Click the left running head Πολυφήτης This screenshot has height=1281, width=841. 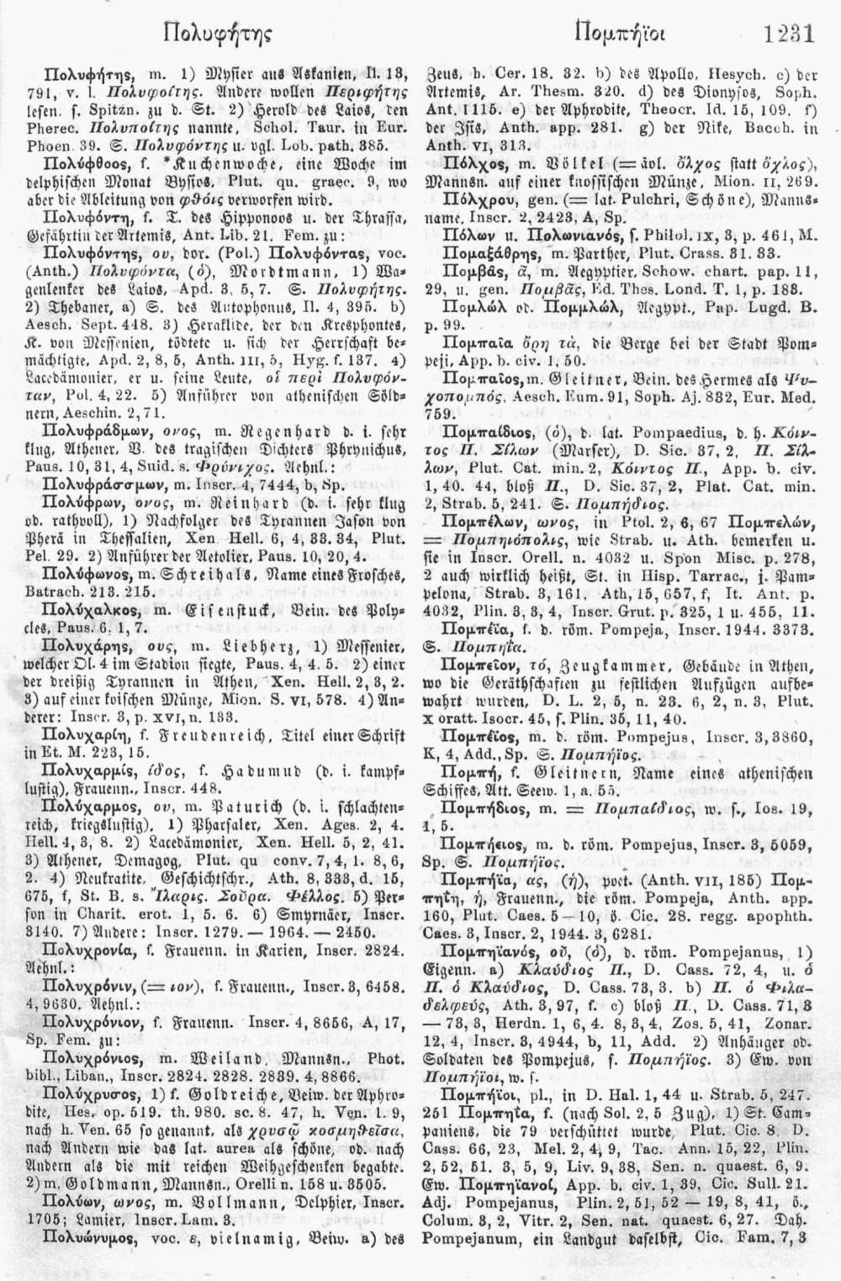[x=211, y=35]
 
